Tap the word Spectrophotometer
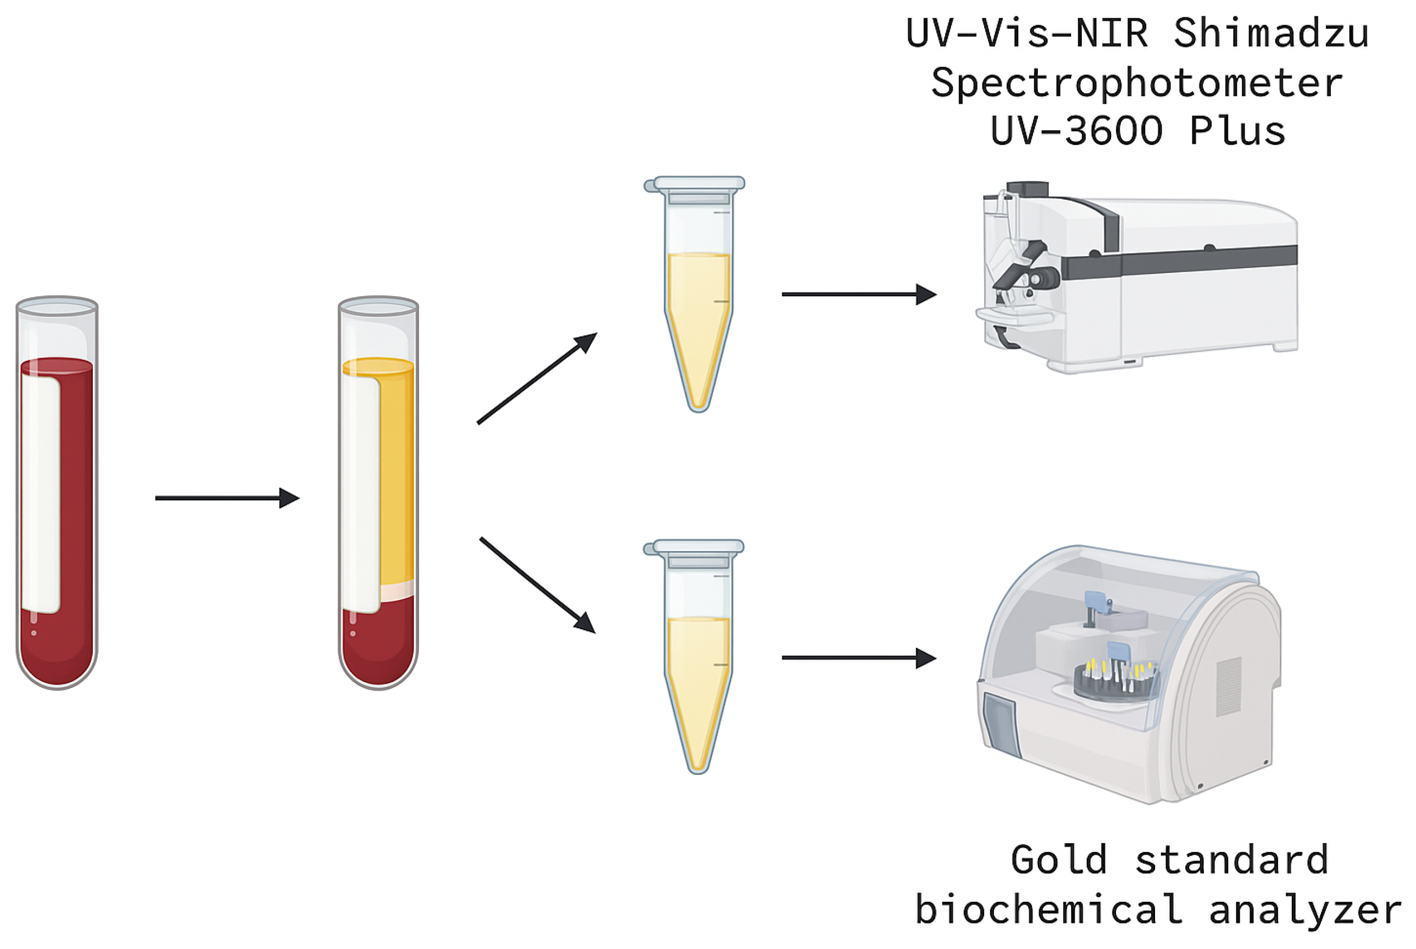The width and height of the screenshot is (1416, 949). coord(1137,84)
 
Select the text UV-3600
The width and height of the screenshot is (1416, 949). coord(1076,131)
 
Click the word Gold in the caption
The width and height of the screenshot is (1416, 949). coord(1058,860)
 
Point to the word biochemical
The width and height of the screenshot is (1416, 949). coord(1049,909)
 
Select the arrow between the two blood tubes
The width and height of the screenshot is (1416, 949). coord(227,498)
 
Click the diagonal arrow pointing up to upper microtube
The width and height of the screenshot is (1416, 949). coord(537,378)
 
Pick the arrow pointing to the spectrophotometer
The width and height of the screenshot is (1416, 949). coord(859,294)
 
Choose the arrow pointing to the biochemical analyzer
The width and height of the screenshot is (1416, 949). coord(859,657)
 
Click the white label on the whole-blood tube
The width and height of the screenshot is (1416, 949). coord(41,493)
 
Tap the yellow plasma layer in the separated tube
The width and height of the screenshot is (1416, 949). coord(397,472)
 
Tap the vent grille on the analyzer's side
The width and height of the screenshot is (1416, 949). coord(1228,687)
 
